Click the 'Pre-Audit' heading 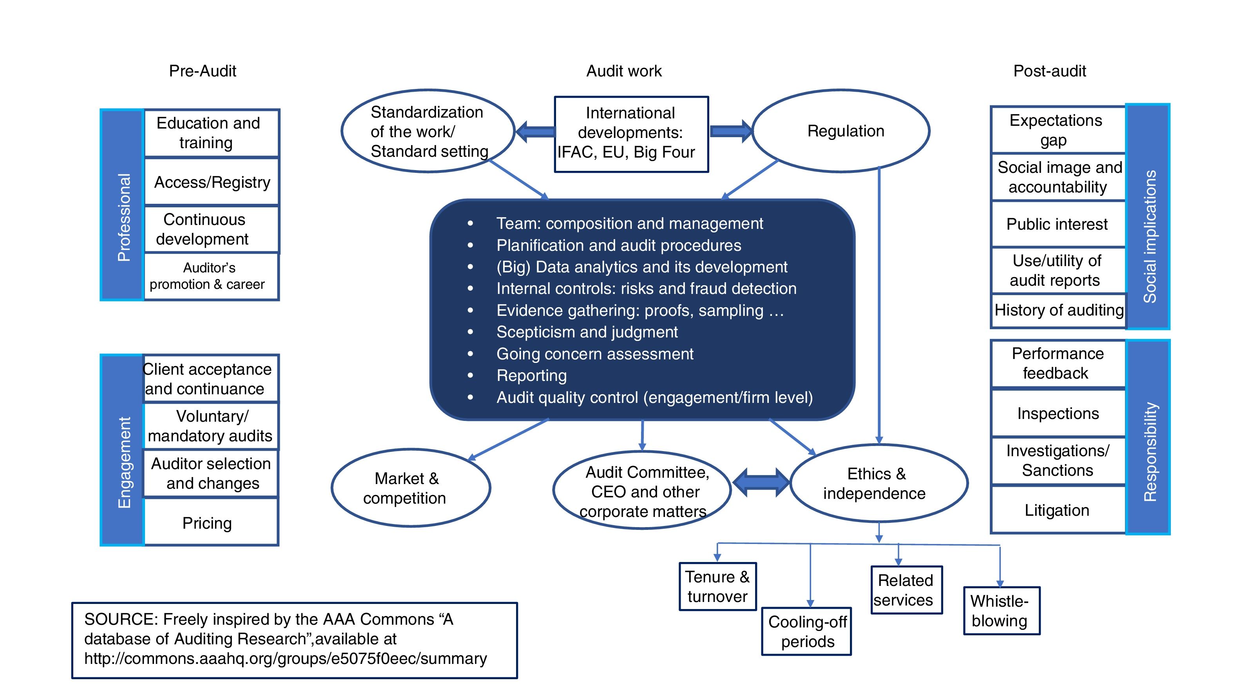point(202,71)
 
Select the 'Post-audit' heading point(1049,71)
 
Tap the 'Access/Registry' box point(212,182)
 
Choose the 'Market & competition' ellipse point(410,488)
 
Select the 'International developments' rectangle point(631,133)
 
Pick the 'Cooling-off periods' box point(806,631)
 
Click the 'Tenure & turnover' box point(717,587)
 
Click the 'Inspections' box point(1058,413)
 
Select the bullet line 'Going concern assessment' point(594,354)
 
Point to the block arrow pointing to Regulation point(730,131)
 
